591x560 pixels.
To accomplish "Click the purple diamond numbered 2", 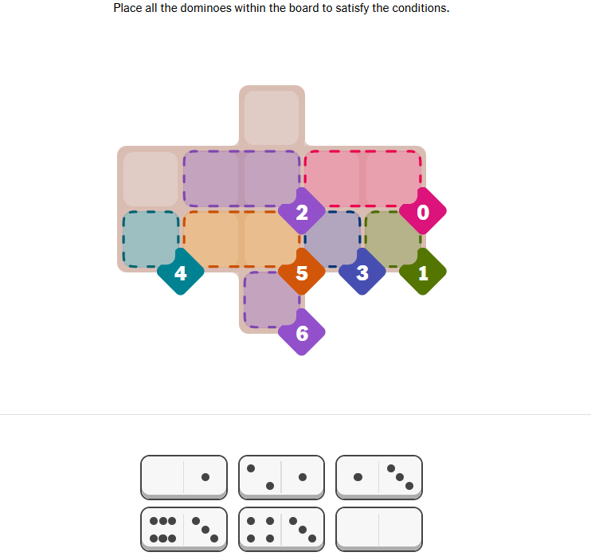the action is coord(302,211).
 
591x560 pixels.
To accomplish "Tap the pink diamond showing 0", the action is coord(423,211).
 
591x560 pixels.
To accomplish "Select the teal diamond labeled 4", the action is coord(181,272).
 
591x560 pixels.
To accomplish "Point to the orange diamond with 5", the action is coord(302,272).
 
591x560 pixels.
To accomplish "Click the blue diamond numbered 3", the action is coord(362,272).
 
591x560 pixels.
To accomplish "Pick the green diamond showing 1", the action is coord(423,272).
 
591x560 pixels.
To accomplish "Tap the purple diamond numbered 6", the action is coord(302,332).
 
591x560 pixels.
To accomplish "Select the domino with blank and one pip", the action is coord(184,477).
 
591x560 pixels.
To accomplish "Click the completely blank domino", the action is coord(379,529).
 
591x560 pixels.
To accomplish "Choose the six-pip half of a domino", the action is coord(162,529).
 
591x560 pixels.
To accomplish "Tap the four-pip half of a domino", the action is coord(260,529).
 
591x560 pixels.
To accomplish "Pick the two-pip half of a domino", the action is coord(260,477).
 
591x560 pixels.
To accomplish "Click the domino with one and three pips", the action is coord(379,477).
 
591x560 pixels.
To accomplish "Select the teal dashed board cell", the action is coord(151,239).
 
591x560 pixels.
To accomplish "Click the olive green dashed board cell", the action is coord(393,239).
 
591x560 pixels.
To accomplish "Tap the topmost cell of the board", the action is coord(272,118).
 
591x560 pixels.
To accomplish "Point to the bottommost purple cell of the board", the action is coord(272,300).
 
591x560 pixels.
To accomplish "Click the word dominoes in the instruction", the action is coord(205,8).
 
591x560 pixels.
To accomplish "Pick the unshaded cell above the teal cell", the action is coord(151,179).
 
